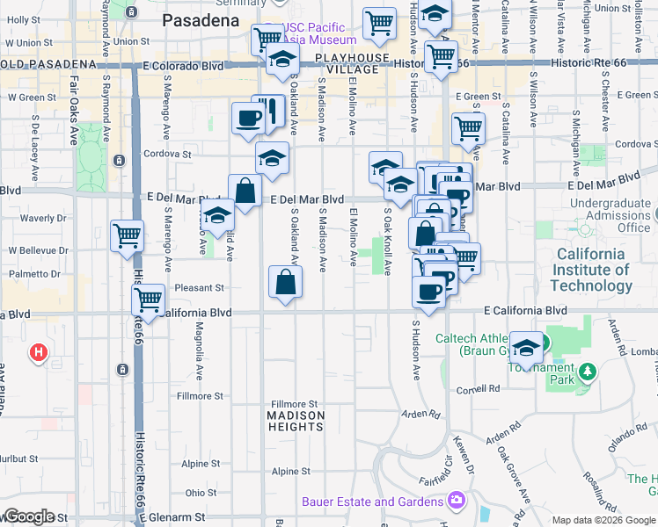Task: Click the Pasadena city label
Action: coord(202,18)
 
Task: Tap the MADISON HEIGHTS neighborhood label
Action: coord(296,420)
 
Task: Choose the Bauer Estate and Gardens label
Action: coord(373,502)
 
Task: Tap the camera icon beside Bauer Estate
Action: coord(457,502)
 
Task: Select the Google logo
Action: coord(28,516)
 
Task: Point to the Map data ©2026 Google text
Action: coord(603,521)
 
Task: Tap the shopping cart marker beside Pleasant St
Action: coord(148,300)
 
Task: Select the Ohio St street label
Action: coord(201,494)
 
